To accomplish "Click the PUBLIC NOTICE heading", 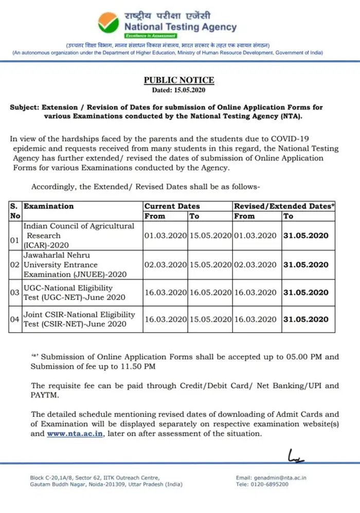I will (x=179, y=80).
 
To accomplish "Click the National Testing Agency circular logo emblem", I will (x=107, y=23).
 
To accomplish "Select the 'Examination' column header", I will (x=49, y=206).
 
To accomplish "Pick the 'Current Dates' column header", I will (x=172, y=206).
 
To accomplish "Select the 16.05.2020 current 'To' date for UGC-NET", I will (x=210, y=292).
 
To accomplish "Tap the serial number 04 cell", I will (x=15, y=319).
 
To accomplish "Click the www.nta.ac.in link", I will (x=76, y=434).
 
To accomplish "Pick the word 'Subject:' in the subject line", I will (x=25, y=107).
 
